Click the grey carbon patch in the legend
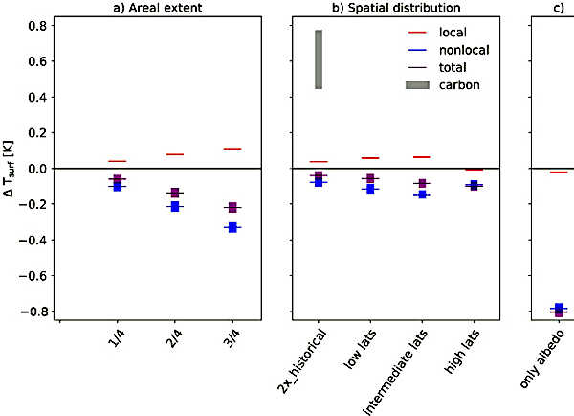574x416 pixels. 418,85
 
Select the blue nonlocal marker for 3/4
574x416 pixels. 232,227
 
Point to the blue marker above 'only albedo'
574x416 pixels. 559,308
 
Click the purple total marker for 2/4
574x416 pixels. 175,194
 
